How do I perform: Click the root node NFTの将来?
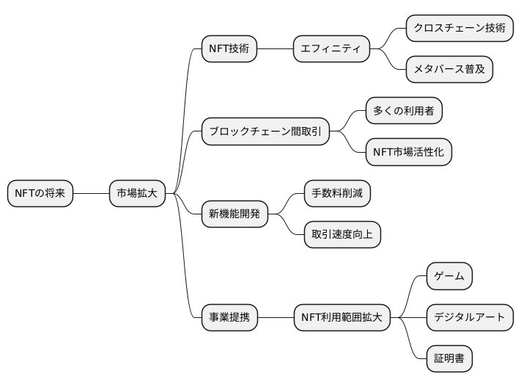[x=40, y=194]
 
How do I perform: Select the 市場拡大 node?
[x=137, y=194]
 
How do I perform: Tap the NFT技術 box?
[x=229, y=49]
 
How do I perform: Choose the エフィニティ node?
[x=331, y=49]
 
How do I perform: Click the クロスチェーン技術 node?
[x=459, y=29]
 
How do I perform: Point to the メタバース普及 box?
[x=449, y=70]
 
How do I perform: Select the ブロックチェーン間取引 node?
[x=265, y=132]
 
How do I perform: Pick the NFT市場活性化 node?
[x=409, y=153]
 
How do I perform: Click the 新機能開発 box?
[x=234, y=214]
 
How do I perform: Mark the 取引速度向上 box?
[x=342, y=235]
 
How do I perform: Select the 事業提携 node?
[x=229, y=318]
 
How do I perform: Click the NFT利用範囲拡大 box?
[x=341, y=318]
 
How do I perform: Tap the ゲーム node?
[x=449, y=276]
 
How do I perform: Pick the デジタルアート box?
[x=469, y=318]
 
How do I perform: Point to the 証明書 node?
[x=449, y=359]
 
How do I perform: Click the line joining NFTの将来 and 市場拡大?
[x=91, y=194]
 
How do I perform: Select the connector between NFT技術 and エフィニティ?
[x=275, y=49]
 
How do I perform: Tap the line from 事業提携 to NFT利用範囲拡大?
[x=275, y=318]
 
